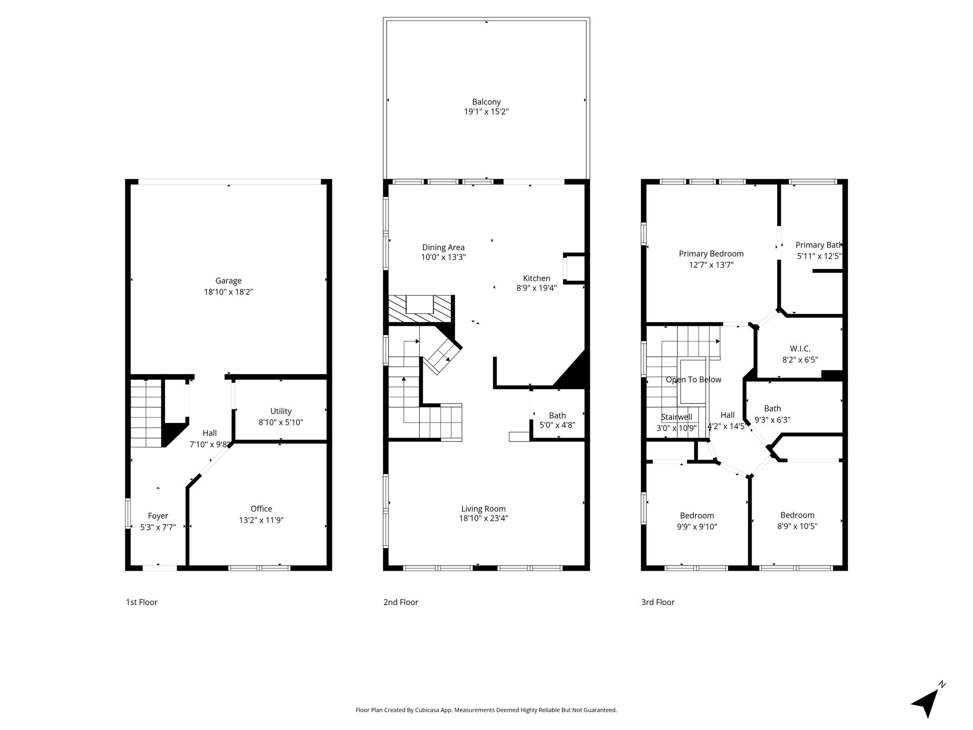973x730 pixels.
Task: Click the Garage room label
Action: pyautogui.click(x=229, y=281)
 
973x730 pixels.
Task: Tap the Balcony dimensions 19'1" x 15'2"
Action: pyautogui.click(x=486, y=112)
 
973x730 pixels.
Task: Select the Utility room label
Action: pyautogui.click(x=281, y=411)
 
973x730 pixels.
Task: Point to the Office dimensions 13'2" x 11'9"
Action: pyautogui.click(x=261, y=520)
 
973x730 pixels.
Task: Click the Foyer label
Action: pyautogui.click(x=158, y=516)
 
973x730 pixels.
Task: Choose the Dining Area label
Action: pyautogui.click(x=443, y=247)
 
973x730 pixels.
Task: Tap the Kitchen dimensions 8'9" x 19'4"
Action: pyautogui.click(x=536, y=288)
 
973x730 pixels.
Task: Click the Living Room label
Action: pyautogui.click(x=483, y=509)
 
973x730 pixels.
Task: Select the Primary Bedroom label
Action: pyautogui.click(x=711, y=254)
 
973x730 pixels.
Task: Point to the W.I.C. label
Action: pyautogui.click(x=800, y=349)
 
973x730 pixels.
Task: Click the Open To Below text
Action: pyautogui.click(x=694, y=380)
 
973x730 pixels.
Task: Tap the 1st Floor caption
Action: pyautogui.click(x=142, y=602)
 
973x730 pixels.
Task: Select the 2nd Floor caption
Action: pyautogui.click(x=401, y=602)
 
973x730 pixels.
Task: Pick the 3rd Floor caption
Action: pyautogui.click(x=658, y=602)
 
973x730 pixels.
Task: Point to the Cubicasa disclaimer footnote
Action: pyautogui.click(x=486, y=710)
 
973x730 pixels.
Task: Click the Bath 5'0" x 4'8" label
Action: pyautogui.click(x=557, y=421)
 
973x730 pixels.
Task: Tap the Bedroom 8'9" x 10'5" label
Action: pyautogui.click(x=797, y=521)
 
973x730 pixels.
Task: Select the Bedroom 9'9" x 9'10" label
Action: pyautogui.click(x=697, y=521)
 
